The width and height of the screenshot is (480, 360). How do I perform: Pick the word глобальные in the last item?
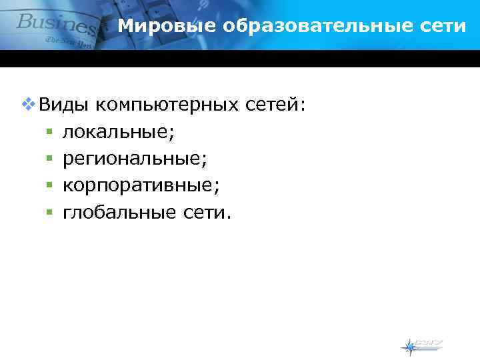pyautogui.click(x=118, y=212)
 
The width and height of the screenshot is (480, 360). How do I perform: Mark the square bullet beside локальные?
pyautogui.click(x=49, y=133)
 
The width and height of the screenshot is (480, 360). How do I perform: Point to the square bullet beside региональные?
pyautogui.click(x=49, y=159)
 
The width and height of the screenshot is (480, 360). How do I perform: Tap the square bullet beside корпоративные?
pyautogui.click(x=49, y=186)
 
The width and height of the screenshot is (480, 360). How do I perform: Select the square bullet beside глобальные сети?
pyautogui.click(x=49, y=213)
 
